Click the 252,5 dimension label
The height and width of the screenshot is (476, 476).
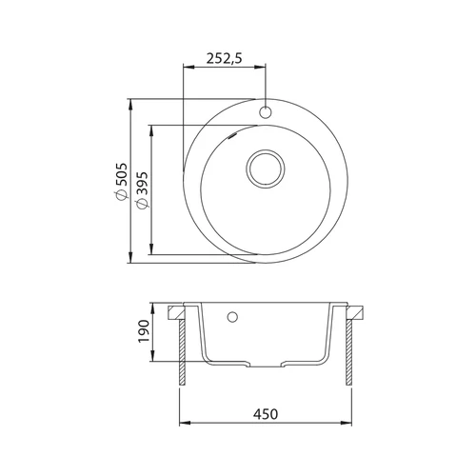[224, 58]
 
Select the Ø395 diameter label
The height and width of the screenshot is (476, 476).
[142, 190]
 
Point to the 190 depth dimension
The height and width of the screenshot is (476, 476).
[144, 331]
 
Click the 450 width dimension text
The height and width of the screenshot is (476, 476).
[266, 414]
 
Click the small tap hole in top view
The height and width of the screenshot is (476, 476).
[266, 112]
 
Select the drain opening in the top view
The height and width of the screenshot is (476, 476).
[266, 169]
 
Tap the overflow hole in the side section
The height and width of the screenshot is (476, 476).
[232, 317]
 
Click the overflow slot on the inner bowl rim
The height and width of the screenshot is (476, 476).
[231, 136]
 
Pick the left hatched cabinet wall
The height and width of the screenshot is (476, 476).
[182, 352]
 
